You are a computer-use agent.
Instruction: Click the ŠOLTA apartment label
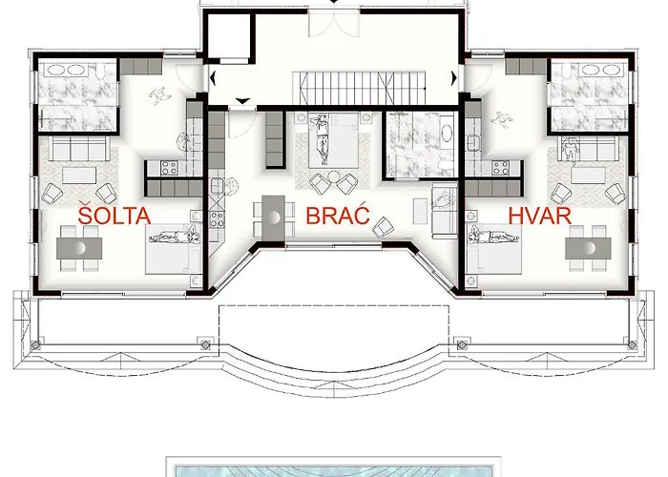(x=115, y=215)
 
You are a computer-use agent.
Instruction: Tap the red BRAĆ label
(x=338, y=215)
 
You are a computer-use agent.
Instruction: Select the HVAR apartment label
(x=540, y=216)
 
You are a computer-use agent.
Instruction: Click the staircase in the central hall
(x=359, y=88)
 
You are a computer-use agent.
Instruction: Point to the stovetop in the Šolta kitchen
(x=169, y=168)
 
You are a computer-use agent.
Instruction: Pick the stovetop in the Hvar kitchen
(x=500, y=168)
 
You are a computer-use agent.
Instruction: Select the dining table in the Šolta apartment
(x=79, y=248)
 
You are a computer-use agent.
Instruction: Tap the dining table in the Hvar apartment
(x=589, y=248)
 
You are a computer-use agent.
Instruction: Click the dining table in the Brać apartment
(x=273, y=218)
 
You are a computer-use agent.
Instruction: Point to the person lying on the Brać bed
(x=322, y=139)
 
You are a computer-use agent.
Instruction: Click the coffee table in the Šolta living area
(x=79, y=175)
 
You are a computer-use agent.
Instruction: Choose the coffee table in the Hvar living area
(x=588, y=175)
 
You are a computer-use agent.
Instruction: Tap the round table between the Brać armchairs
(x=334, y=176)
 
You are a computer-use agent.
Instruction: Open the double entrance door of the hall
(x=334, y=24)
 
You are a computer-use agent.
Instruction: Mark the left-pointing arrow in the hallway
(x=213, y=78)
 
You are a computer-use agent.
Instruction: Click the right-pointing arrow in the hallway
(x=454, y=78)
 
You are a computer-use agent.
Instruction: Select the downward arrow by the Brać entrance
(x=242, y=101)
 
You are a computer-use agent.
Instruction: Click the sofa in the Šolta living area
(x=79, y=148)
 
